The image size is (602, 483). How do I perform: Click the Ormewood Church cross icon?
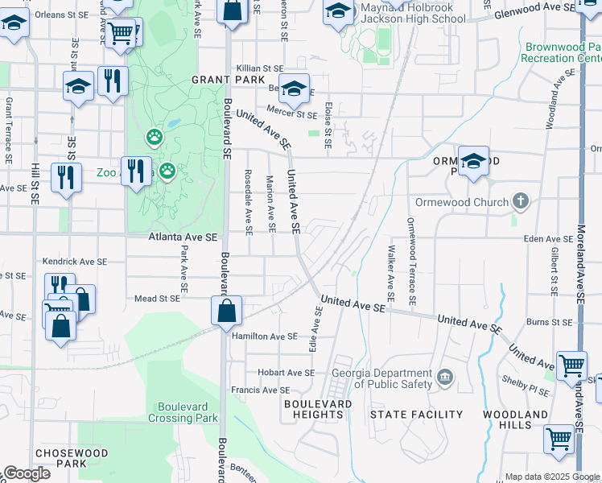click(521, 201)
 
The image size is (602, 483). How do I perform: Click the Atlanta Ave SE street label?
click(183, 237)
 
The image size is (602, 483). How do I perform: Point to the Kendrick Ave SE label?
click(75, 262)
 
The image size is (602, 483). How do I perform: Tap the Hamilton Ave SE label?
click(265, 336)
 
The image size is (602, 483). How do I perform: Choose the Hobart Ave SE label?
click(286, 373)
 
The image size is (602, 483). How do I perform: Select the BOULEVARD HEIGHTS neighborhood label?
click(318, 409)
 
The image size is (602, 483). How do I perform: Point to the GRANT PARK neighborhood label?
click(223, 80)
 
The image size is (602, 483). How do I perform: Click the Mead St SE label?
click(156, 298)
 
